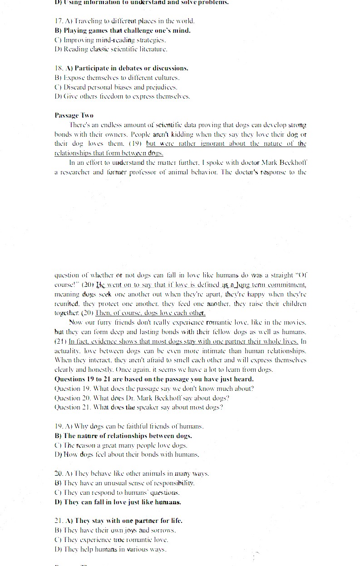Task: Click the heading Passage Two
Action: [74, 115]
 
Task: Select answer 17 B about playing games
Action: [122, 30]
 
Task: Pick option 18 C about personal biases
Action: [116, 87]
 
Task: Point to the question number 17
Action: [59, 21]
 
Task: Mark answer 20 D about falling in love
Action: [118, 502]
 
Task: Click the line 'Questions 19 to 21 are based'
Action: [154, 379]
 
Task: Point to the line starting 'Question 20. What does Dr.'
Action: [142, 398]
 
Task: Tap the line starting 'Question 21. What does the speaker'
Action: [138, 407]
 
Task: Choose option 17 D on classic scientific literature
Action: [111, 49]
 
